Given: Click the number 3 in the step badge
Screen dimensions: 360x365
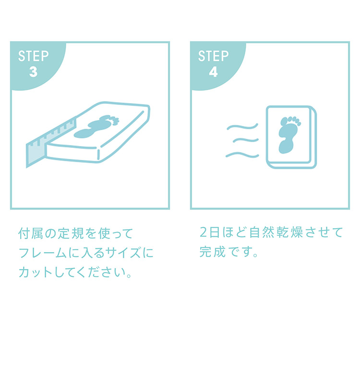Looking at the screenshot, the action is (34, 72).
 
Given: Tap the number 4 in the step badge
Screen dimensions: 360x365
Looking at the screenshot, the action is (214, 72).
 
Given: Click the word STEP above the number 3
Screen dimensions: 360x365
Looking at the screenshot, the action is (34, 56).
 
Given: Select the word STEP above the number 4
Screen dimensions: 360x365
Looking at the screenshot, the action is (214, 56).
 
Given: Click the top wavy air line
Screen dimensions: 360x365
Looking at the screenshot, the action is (242, 127).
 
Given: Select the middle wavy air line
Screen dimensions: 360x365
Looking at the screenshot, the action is (246, 140).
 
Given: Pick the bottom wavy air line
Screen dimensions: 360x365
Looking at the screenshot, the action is (242, 155).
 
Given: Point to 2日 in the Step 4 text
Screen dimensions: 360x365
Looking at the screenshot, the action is (210, 232).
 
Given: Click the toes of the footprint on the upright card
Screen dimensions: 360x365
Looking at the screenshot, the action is (291, 121).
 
